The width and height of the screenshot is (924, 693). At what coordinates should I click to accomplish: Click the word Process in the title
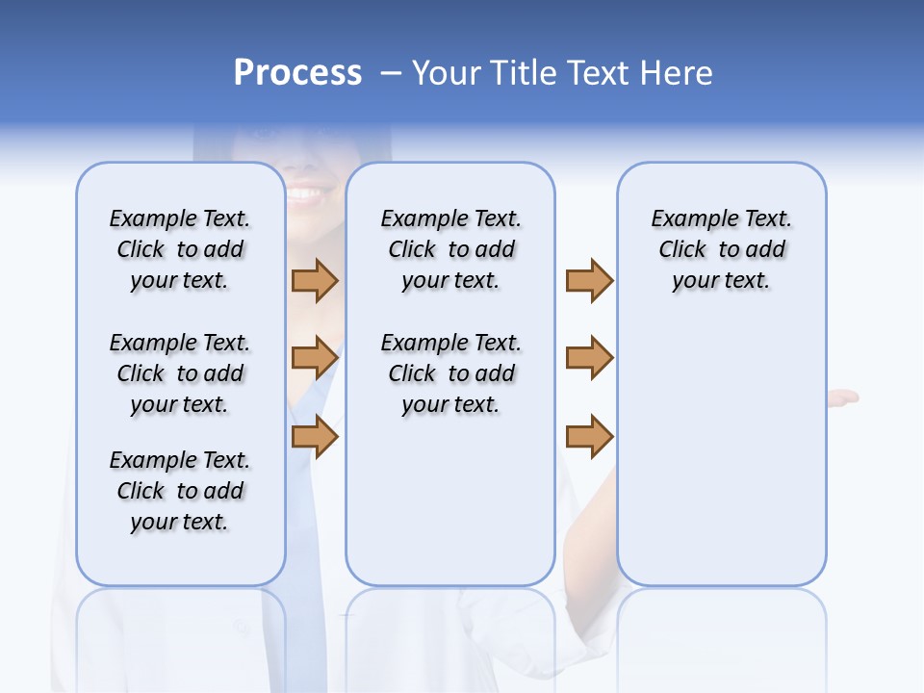click(x=297, y=73)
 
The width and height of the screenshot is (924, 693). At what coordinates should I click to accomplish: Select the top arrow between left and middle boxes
click(x=315, y=280)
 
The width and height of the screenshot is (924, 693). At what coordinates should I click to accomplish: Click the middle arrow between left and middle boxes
click(x=315, y=358)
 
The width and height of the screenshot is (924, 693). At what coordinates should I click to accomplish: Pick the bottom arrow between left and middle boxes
click(x=315, y=436)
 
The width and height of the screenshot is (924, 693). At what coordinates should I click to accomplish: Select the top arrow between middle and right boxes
click(x=589, y=280)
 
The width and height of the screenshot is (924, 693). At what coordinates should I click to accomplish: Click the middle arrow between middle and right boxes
click(x=589, y=358)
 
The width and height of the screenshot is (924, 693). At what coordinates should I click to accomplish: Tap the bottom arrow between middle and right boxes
click(x=589, y=436)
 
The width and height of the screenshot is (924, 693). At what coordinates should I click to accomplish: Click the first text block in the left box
click(x=180, y=249)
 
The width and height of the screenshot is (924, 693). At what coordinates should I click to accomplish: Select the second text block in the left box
click(x=180, y=373)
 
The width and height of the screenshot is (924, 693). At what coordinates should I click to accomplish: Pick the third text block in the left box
click(x=180, y=491)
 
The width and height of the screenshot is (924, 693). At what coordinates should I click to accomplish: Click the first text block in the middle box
click(x=450, y=249)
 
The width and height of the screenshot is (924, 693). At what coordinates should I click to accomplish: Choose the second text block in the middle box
click(x=450, y=373)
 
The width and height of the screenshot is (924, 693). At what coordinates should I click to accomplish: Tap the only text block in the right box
click(x=721, y=249)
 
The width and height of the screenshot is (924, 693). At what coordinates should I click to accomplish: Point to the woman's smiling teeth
click(x=306, y=194)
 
